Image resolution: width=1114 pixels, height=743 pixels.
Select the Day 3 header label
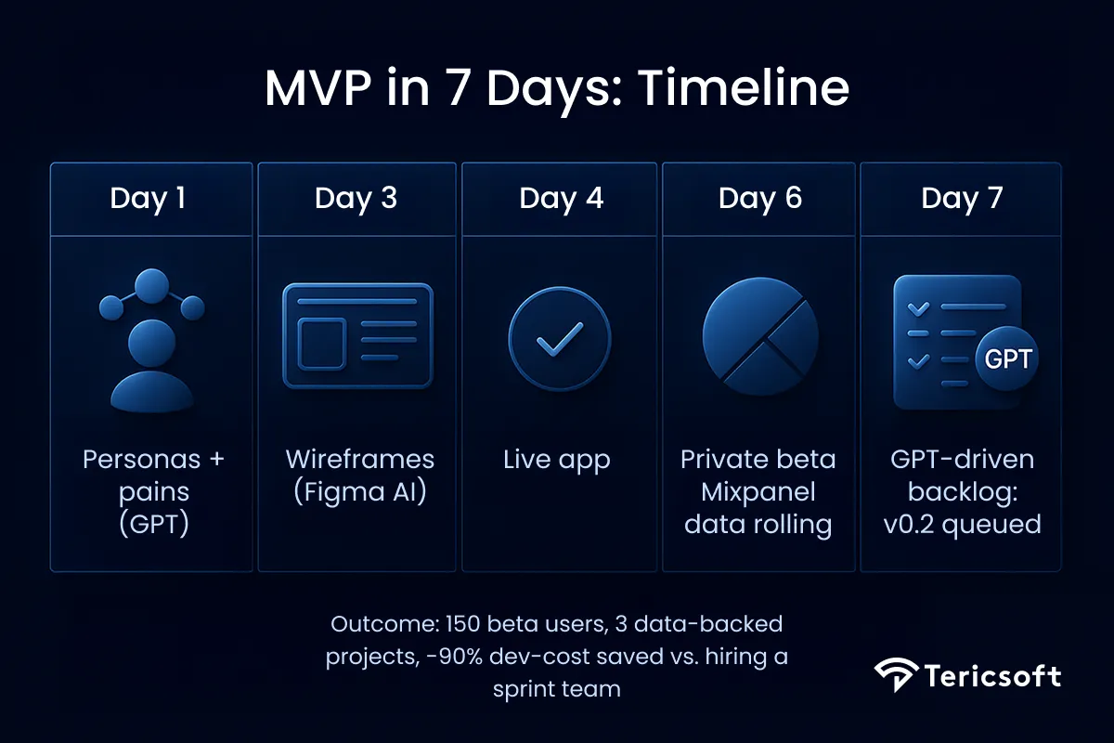coord(356,198)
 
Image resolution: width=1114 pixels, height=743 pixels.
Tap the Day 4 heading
coord(561,198)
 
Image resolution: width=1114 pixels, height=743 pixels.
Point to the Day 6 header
coord(760,198)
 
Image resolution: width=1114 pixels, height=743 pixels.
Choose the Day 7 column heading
coord(962,198)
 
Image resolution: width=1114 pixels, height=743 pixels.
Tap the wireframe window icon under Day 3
coord(357,336)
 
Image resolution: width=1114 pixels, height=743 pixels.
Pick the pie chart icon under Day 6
coord(760,335)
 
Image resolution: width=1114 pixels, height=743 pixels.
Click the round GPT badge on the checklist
coord(1007,359)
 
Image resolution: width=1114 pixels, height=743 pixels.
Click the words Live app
coord(557,460)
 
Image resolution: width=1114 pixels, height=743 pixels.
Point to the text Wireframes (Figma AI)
coord(359,475)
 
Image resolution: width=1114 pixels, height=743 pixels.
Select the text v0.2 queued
coord(961,524)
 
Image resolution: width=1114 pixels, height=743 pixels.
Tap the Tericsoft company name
coord(991,675)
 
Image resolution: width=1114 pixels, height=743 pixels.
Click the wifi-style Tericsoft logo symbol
coord(895,675)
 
